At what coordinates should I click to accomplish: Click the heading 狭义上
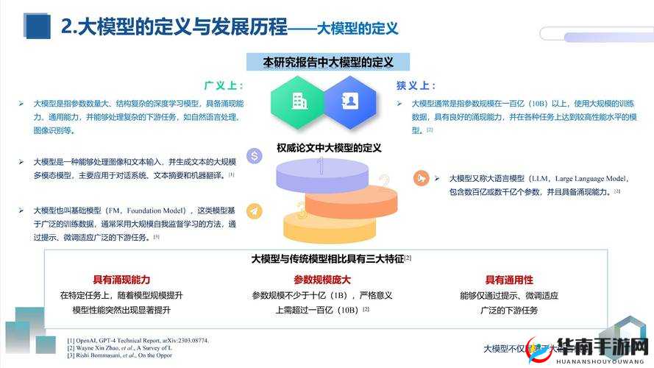pos(416,85)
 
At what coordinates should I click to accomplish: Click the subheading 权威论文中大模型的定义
pos(329,148)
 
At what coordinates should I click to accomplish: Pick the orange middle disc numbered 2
pos(352,199)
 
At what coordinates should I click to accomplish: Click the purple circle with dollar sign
pos(255,156)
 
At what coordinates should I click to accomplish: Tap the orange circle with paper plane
pos(255,211)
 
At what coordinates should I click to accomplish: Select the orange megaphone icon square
pos(422,178)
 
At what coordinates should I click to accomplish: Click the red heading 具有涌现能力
pos(121,280)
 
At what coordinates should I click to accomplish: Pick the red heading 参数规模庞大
pos(322,280)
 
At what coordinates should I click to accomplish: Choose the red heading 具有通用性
pos(509,280)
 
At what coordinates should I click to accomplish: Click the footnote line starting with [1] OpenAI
pos(138,340)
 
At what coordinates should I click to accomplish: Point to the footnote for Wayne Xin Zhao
pos(129,348)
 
